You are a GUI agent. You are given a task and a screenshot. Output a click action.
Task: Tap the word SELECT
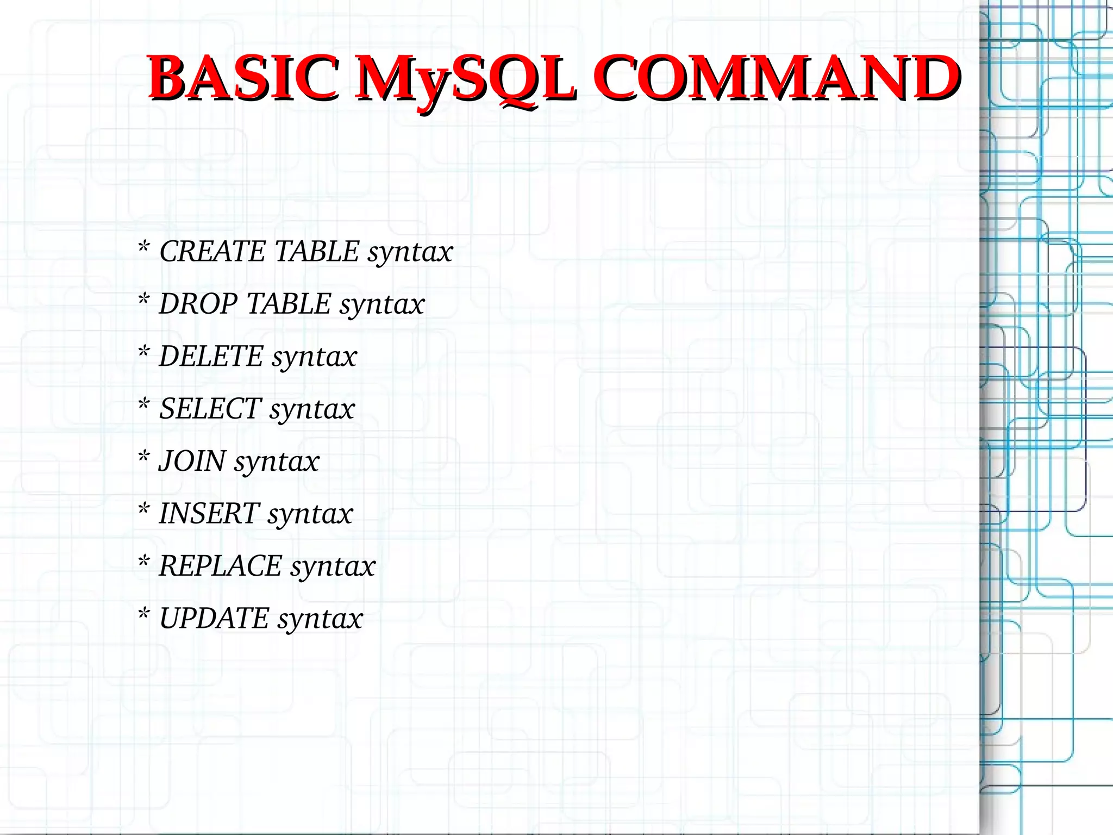click(210, 409)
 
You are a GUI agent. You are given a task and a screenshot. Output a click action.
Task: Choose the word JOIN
click(192, 462)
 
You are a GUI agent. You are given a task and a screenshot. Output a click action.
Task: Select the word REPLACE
click(220, 566)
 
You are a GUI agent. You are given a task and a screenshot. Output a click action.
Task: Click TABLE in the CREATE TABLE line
click(317, 252)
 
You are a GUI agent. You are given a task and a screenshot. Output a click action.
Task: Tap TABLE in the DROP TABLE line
click(289, 304)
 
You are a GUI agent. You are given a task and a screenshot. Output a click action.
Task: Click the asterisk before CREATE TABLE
click(143, 247)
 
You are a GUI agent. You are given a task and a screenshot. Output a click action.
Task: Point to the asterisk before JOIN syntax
click(143, 457)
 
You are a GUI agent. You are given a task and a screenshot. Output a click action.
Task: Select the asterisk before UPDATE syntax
click(143, 614)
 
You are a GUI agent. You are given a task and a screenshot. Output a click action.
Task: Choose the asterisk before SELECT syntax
click(143, 404)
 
